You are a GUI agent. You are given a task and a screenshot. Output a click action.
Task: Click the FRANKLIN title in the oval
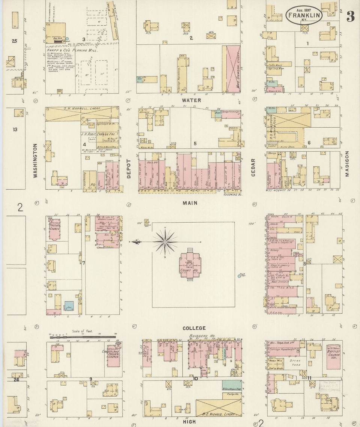point(304,15)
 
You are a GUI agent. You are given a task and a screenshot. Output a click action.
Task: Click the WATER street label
point(191,100)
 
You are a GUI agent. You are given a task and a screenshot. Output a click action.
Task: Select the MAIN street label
point(190,203)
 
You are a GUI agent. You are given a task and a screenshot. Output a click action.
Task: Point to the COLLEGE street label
point(194,328)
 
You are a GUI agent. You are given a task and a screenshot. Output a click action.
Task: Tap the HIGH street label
point(189,422)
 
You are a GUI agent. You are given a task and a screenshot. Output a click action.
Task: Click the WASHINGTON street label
point(36,160)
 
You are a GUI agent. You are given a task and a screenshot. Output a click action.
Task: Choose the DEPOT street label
point(128,168)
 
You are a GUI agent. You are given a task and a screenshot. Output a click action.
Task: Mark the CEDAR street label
point(253,167)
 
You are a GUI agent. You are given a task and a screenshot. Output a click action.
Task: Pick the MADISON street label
point(346,164)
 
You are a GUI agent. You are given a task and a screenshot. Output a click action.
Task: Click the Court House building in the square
point(190,265)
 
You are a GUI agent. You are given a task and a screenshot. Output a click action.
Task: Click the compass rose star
point(165,241)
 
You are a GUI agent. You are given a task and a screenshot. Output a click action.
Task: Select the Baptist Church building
point(333,356)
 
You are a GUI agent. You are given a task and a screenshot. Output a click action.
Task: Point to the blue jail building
point(69,306)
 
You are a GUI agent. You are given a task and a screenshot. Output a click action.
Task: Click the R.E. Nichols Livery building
point(218,407)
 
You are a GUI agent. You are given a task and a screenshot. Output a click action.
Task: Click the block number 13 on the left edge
point(15,130)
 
